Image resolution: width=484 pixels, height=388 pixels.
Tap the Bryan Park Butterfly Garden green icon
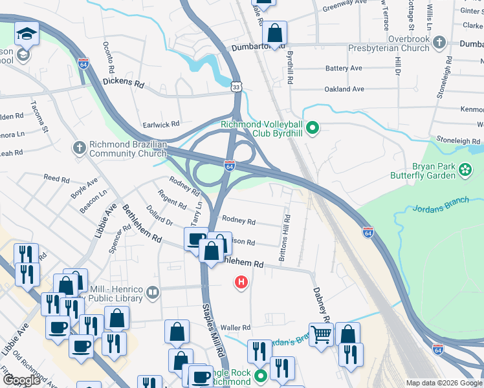pos(465,170)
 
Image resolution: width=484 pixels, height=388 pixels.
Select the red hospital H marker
pos(242,282)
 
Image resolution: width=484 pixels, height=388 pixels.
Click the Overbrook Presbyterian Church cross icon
pos(439,43)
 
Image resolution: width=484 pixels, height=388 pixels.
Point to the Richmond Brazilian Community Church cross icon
pos(80,148)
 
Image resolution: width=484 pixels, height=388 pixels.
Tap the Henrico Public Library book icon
pos(153,292)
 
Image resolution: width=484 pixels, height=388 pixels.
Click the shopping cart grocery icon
pos(320,334)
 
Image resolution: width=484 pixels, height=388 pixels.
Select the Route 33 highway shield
pos(237,85)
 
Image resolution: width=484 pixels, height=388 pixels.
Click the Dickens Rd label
pos(123,83)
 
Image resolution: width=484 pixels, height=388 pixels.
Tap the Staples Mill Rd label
pos(213,330)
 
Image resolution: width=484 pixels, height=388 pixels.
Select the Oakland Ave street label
pos(344,89)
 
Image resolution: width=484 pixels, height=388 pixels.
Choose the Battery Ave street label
pos(344,68)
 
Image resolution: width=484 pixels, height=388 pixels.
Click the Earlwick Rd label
pos(161,125)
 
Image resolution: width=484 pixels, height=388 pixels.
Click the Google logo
pos(22,381)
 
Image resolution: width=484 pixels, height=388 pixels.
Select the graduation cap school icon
pos(27,33)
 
